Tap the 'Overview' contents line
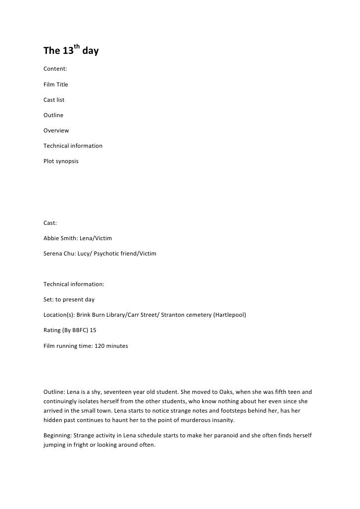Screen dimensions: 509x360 coord(56,130)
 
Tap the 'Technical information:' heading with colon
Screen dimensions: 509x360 coord(74,284)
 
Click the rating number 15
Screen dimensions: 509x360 coord(92,330)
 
